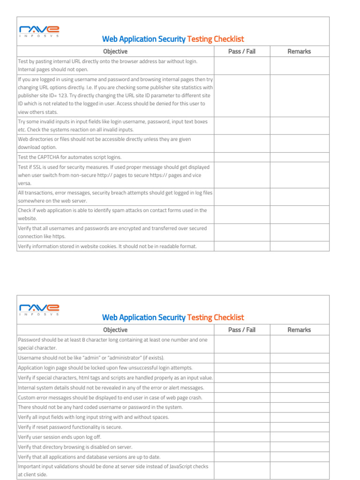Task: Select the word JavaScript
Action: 165,466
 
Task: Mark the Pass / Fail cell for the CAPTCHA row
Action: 242,157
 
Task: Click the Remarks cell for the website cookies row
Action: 299,246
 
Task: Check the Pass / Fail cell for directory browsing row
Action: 242,447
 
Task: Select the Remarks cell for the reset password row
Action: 299,427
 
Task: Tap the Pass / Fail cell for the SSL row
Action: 242,175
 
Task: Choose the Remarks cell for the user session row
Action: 299,437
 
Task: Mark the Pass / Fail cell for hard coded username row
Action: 242,407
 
